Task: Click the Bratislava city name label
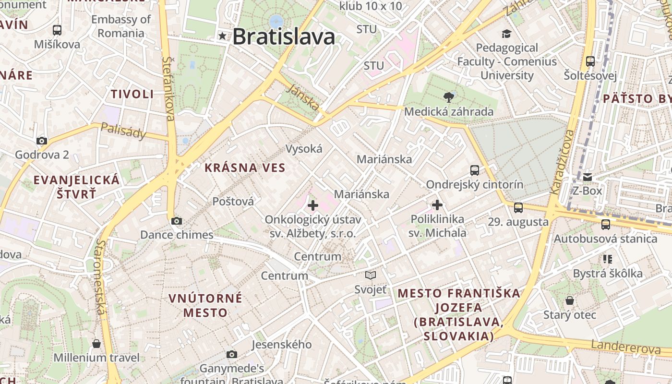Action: tap(283, 36)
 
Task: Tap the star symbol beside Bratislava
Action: tap(222, 36)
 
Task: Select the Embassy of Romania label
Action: tap(121, 26)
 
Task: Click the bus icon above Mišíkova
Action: tap(57, 30)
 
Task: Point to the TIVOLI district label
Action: tap(132, 94)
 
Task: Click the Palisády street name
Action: tap(123, 131)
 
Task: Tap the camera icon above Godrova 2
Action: tap(42, 141)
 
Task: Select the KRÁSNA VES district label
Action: tap(245, 168)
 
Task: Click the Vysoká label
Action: tap(304, 149)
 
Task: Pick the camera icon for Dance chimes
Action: tap(177, 221)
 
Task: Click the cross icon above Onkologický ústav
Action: tap(313, 205)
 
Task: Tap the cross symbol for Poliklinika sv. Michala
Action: tap(437, 205)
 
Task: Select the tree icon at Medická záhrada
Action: tap(449, 97)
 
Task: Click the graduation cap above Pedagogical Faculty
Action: tap(506, 34)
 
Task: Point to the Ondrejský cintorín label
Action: tap(475, 184)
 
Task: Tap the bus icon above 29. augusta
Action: tap(518, 208)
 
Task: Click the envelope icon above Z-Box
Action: tap(587, 177)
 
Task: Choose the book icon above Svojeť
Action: tap(370, 276)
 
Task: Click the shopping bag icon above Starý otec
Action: tap(570, 300)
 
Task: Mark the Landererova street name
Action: tap(625, 347)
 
